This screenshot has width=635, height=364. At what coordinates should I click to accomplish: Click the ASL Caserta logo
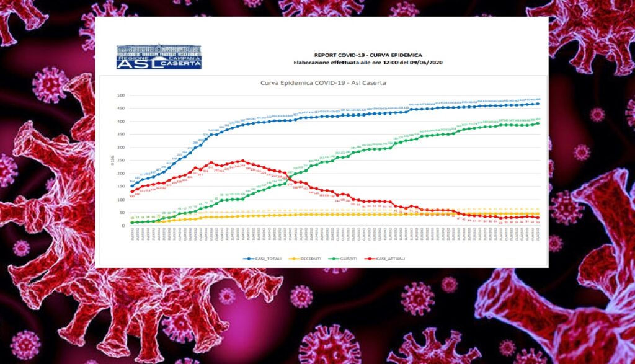click(159, 56)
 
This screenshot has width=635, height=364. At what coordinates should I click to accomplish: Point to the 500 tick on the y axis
click(122, 95)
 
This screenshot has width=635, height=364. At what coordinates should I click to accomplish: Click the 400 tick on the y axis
click(122, 122)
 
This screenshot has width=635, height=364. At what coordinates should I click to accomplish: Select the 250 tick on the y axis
click(122, 161)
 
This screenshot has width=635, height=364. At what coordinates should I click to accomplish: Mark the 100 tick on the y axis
click(122, 200)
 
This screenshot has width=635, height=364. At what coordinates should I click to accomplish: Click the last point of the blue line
click(538, 104)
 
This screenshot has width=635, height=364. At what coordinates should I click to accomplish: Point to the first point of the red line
click(131, 192)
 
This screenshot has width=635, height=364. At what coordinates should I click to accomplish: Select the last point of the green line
click(538, 123)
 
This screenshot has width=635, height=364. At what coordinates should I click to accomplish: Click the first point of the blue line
click(131, 186)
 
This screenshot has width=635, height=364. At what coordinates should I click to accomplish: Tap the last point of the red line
click(538, 218)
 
